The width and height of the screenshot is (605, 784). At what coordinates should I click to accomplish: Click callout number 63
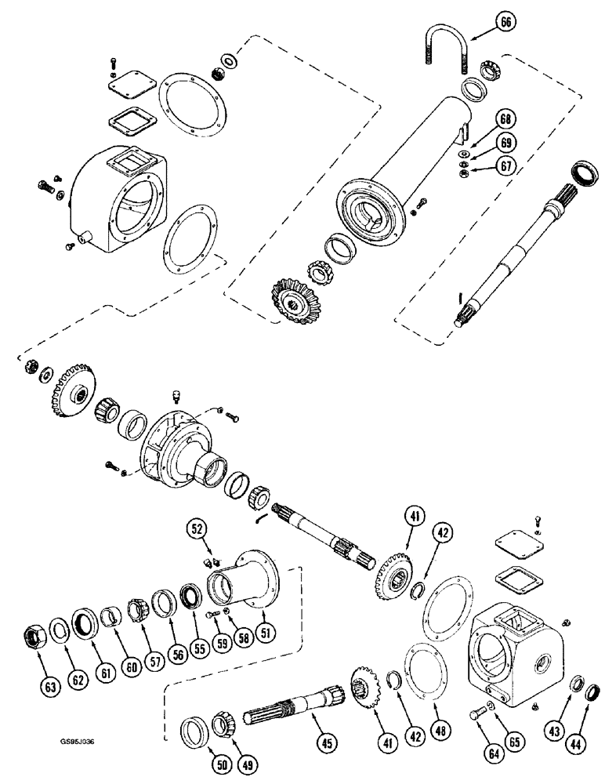tap(50, 688)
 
